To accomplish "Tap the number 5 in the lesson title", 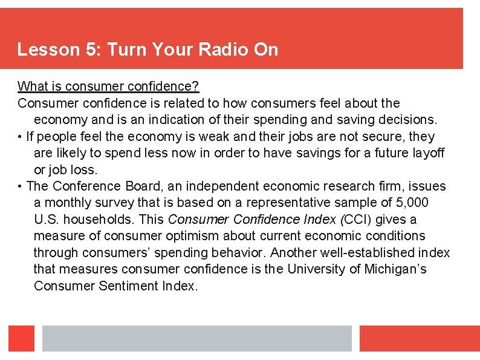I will click(92, 50).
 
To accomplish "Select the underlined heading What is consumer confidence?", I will click(108, 87).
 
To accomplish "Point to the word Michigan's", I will click(395, 269).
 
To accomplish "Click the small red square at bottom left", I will click(21, 338).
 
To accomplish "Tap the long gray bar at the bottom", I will click(196, 338).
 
